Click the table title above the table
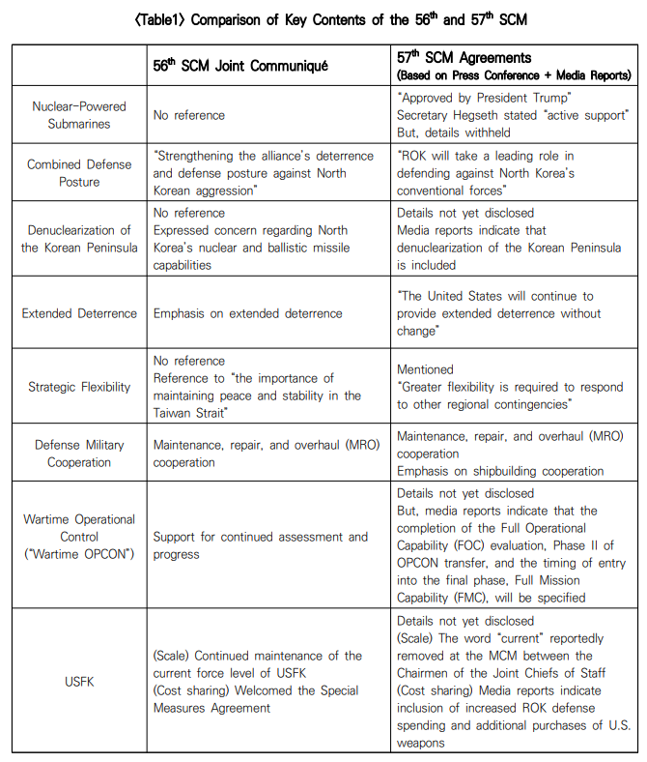[323, 19]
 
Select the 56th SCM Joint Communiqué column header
[240, 66]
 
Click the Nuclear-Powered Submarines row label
[79, 115]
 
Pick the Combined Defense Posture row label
[79, 173]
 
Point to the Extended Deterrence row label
[79, 313]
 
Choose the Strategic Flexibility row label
[79, 387]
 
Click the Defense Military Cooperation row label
[79, 454]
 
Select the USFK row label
[79, 682]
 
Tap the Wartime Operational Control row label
[79, 537]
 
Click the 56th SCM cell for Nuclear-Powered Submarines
[189, 115]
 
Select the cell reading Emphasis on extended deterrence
[247, 313]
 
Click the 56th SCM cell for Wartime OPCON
[260, 545]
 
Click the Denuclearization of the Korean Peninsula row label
[79, 239]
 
